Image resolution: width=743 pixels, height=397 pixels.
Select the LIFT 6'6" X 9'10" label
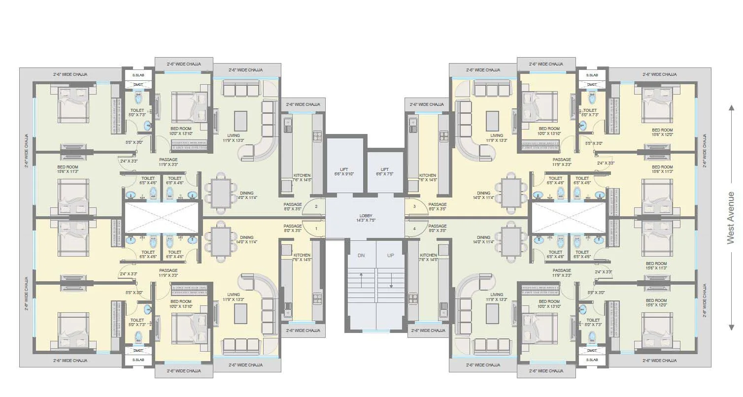(343, 171)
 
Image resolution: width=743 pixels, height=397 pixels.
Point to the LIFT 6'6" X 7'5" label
(385, 171)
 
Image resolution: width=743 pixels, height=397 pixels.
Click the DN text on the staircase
(361, 256)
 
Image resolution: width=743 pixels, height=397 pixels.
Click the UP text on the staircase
(391, 256)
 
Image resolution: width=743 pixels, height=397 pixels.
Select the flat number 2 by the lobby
(316, 206)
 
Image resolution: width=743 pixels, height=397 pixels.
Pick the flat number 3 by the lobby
(414, 206)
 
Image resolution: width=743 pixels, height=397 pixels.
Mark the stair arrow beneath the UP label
(391, 282)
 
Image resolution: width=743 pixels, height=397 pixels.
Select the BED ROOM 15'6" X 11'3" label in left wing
(68, 169)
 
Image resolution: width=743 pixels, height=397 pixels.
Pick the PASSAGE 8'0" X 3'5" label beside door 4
(437, 229)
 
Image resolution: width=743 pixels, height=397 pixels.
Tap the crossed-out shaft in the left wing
(162, 218)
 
